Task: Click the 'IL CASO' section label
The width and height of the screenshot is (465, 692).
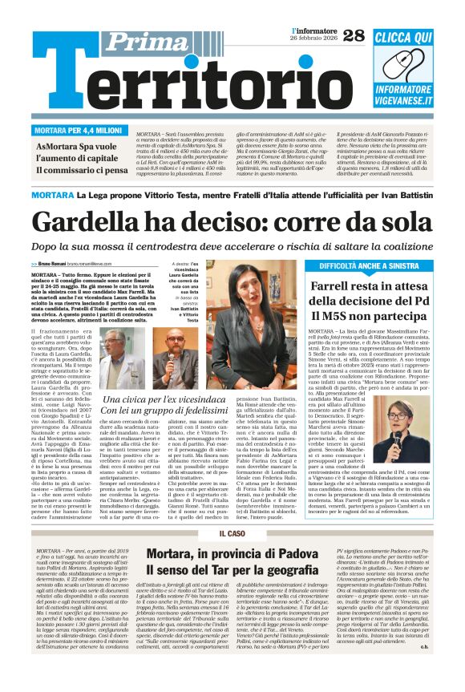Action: (x=232, y=533)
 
